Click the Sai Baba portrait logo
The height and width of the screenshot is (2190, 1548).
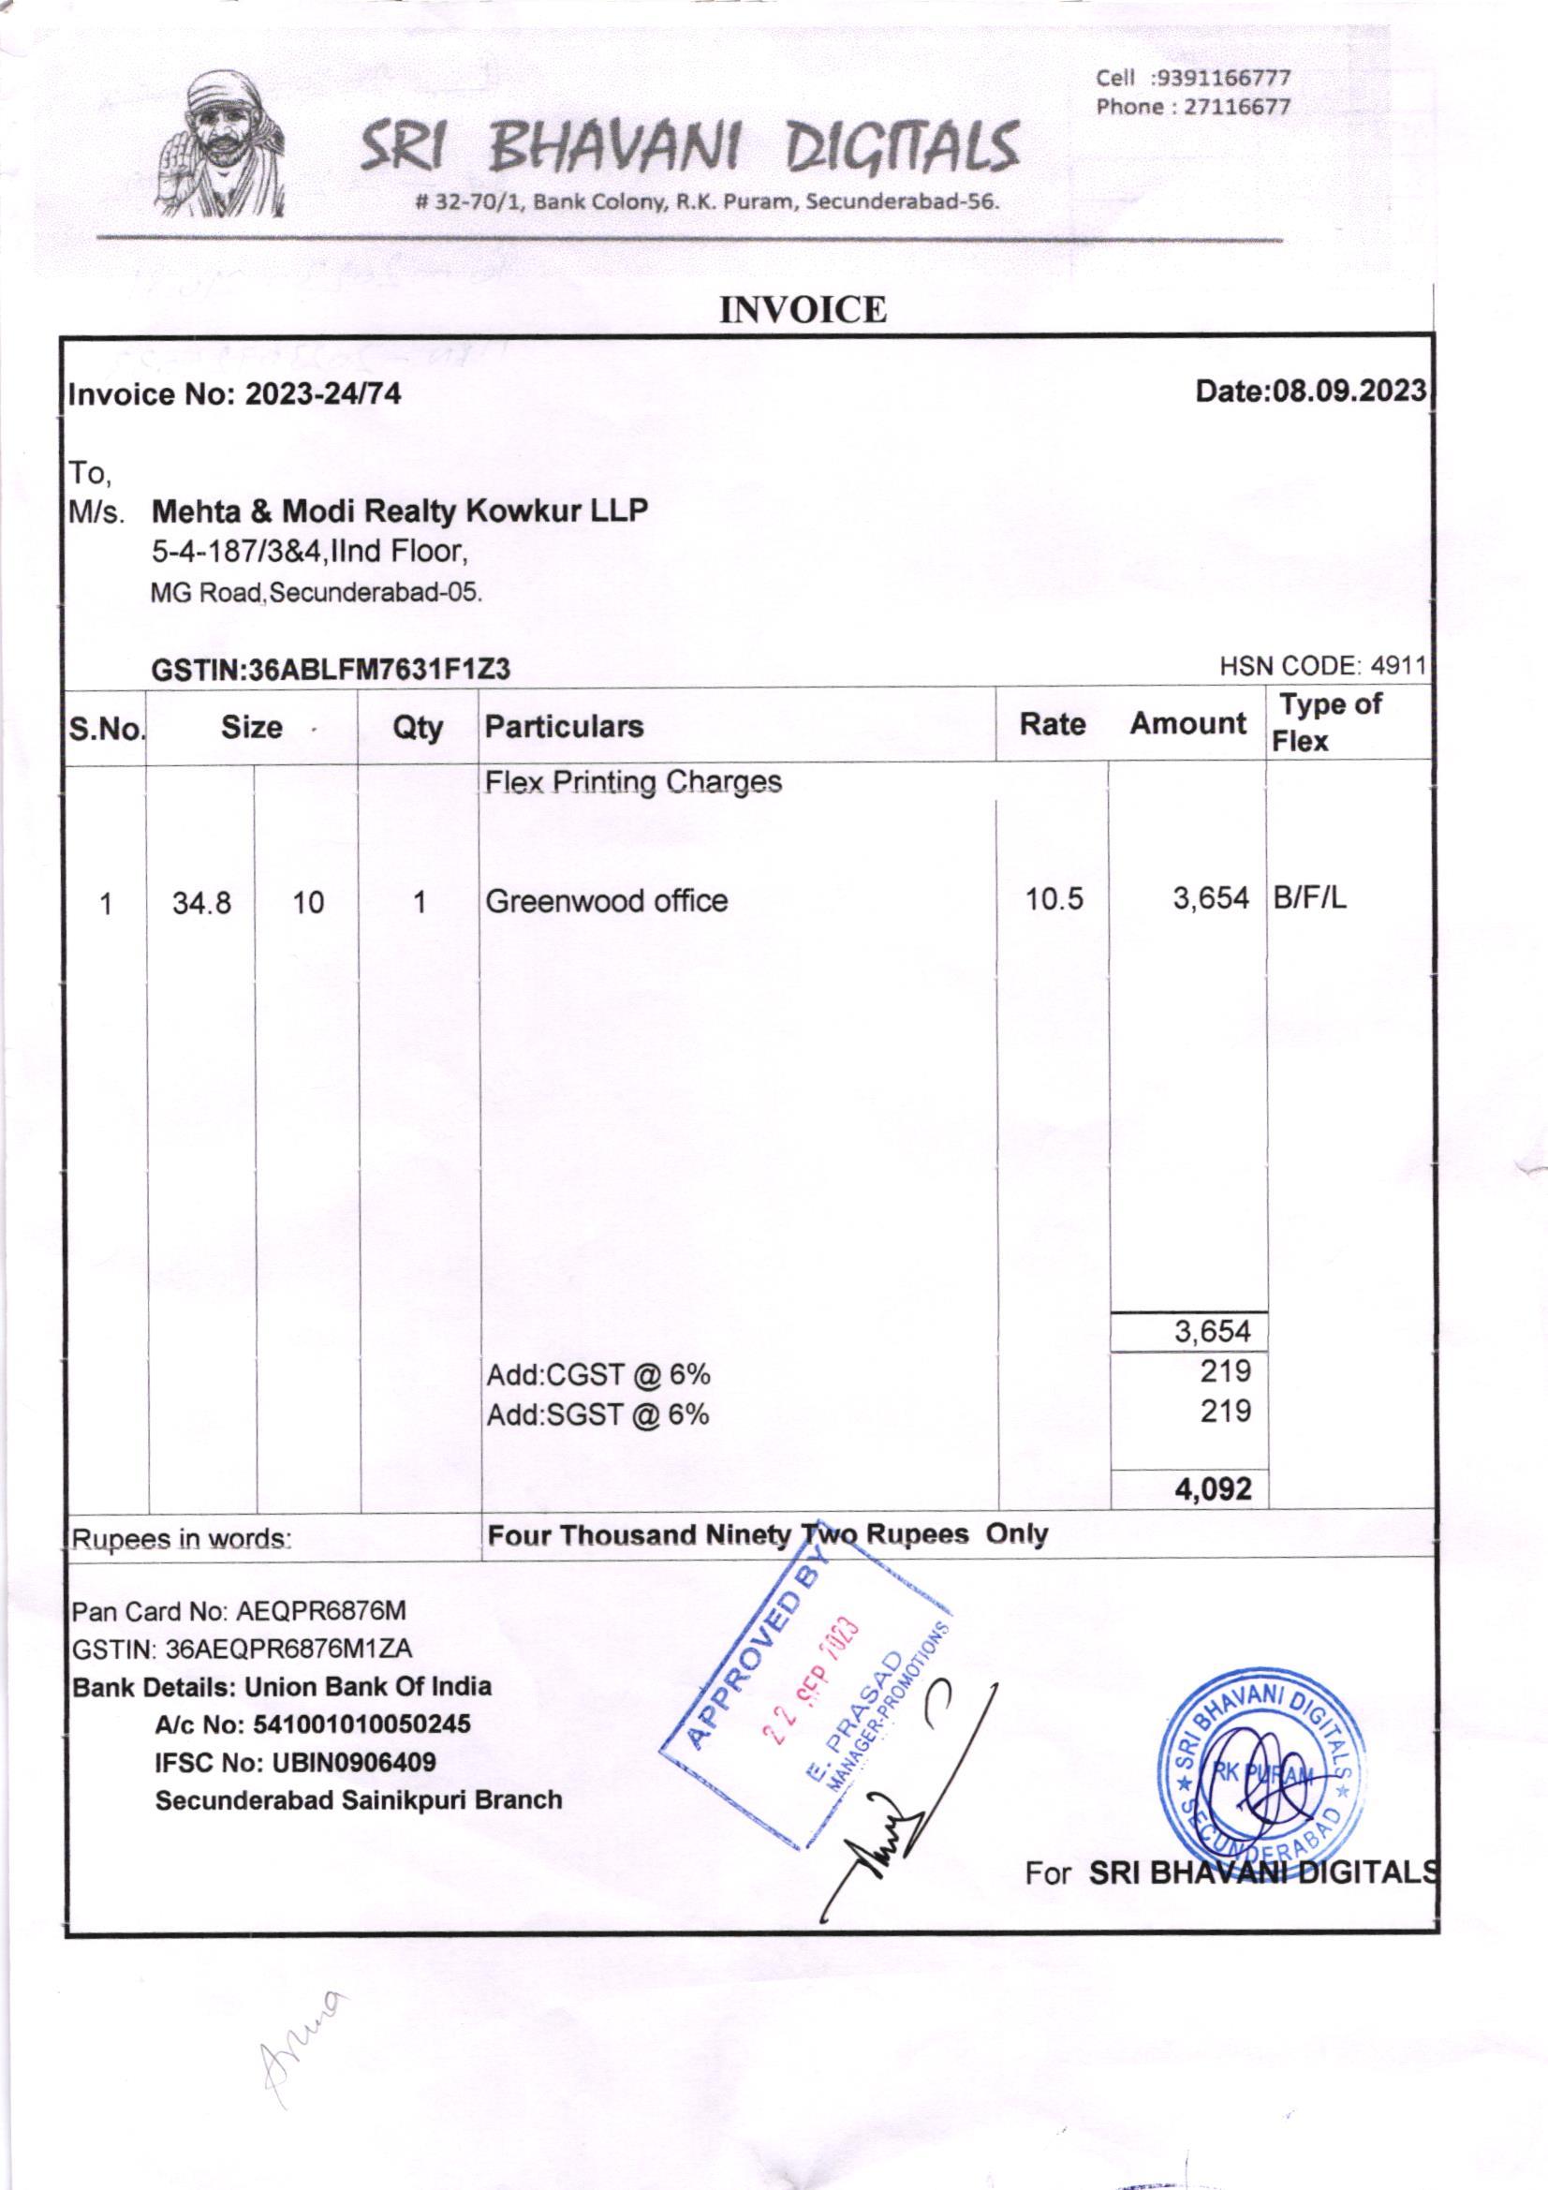222,144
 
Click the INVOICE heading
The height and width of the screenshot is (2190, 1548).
803,310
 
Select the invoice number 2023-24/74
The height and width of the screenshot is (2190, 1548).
323,394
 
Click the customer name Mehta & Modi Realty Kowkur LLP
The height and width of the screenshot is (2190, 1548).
400,511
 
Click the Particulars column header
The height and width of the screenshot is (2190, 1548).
564,727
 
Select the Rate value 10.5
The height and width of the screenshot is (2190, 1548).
1054,899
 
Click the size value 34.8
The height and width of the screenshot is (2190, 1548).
201,902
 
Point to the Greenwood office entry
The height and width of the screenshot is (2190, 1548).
607,900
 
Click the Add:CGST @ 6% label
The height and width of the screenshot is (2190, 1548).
598,1374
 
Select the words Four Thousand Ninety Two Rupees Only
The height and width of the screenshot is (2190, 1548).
767,1534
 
